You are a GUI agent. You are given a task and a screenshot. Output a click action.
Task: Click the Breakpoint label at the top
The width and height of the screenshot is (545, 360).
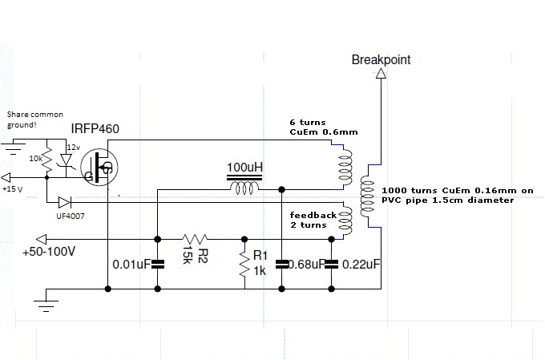tap(381, 60)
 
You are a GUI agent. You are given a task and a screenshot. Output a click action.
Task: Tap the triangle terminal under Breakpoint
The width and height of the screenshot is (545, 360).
tap(381, 74)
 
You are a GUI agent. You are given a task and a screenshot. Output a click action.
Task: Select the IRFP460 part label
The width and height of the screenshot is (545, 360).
tap(95, 129)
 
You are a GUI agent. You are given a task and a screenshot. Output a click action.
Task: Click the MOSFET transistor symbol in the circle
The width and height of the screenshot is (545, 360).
tap(99, 167)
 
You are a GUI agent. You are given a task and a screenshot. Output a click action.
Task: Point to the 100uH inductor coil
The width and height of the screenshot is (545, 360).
tap(244, 189)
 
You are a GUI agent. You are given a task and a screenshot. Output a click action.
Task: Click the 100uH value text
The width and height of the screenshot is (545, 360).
tap(244, 168)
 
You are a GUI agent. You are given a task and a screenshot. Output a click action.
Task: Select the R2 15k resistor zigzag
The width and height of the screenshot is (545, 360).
tap(195, 239)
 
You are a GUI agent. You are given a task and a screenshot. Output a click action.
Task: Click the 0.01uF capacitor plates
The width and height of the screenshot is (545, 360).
tap(157, 265)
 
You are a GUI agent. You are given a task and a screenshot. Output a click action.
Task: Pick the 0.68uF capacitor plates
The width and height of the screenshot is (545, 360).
tap(281, 265)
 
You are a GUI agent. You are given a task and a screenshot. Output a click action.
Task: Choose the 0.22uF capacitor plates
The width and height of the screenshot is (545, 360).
tap(331, 265)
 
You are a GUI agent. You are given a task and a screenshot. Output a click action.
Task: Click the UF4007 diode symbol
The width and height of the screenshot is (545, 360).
tap(65, 202)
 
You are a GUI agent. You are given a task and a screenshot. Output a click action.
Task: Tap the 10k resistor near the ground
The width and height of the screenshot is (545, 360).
tap(47, 159)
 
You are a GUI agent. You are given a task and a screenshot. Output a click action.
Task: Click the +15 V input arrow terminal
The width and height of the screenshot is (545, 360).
tap(6, 177)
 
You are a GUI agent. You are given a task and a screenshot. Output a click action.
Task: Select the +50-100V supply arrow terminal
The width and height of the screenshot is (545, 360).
tap(42, 239)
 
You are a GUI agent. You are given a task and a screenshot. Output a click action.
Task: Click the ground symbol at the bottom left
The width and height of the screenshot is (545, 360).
tap(46, 305)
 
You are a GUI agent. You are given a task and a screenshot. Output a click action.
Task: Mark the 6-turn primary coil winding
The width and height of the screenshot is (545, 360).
tap(345, 167)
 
